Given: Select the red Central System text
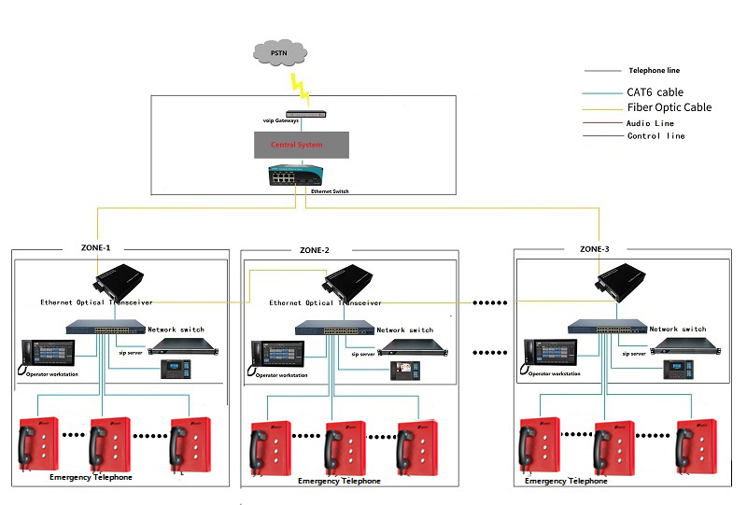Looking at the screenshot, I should [x=296, y=145].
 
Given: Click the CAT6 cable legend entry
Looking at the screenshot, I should [x=655, y=92].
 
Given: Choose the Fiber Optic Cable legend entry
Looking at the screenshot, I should [x=669, y=107].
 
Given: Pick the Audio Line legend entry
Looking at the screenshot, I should [x=651, y=123].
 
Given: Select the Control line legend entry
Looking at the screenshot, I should [x=655, y=136].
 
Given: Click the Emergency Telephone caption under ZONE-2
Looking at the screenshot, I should [x=339, y=482].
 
